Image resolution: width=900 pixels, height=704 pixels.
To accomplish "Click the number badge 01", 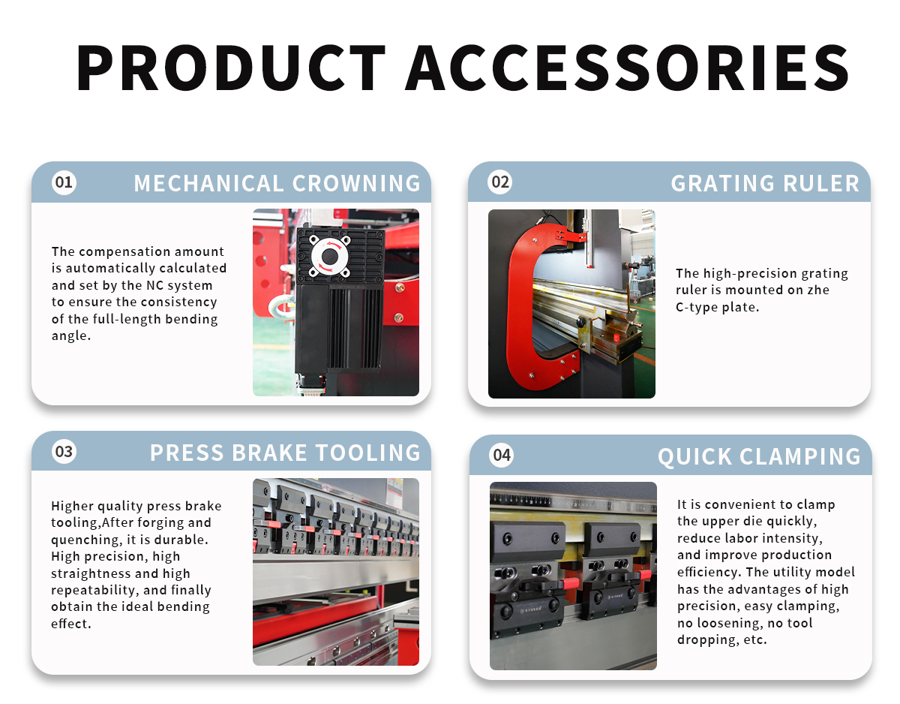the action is tap(64, 182).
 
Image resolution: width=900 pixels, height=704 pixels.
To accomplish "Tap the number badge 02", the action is tap(500, 182).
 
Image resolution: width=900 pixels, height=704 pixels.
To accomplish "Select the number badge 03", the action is tap(64, 452).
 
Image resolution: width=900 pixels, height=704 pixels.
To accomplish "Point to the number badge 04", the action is tap(502, 456).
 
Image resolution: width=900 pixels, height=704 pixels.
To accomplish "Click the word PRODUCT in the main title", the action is tap(231, 67).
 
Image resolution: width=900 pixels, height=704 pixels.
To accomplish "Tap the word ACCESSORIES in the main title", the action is tap(628, 67).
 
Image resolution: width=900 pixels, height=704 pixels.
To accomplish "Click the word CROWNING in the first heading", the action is tap(356, 183).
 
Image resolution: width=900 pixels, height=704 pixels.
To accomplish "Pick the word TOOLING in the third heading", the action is tap(367, 453).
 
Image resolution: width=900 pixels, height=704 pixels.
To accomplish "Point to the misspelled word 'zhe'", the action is tap(818, 290).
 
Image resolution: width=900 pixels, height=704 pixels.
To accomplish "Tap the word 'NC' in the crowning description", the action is tap(155, 285).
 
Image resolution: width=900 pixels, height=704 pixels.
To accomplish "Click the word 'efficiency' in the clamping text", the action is tap(709, 572).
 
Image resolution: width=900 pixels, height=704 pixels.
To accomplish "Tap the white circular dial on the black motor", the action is tap(330, 257).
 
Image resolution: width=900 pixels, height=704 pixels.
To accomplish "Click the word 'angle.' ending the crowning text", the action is tap(70, 336).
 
